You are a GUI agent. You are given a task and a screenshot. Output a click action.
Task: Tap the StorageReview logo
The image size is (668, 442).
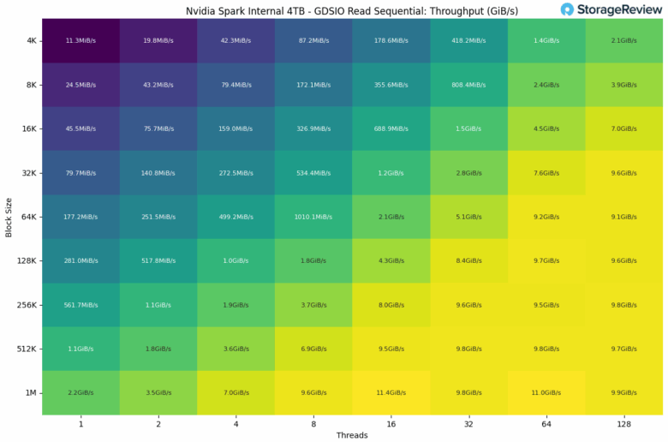coord(610,10)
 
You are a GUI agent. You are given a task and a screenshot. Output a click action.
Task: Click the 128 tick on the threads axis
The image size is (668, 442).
coord(624,423)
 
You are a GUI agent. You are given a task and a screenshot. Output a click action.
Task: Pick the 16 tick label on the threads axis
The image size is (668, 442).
coord(391,423)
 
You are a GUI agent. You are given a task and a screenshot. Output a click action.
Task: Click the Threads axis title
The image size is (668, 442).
coord(352,435)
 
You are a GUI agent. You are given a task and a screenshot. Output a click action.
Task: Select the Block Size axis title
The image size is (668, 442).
coord(9,216)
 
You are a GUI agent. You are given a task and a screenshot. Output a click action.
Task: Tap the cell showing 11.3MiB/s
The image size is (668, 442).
coord(81,41)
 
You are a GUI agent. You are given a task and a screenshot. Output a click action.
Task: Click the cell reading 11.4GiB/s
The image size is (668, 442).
coord(391,392)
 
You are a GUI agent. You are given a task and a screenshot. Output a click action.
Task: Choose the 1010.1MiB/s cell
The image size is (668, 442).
coord(313,217)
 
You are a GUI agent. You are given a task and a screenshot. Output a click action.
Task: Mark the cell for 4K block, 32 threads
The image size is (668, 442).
coord(468,41)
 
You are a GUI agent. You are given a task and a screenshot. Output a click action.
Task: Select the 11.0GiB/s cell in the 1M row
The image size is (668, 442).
coord(546,392)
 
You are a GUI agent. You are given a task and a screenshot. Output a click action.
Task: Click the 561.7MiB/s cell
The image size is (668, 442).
coord(81,304)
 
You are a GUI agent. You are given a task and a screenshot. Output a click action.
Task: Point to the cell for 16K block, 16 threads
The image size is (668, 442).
coord(391,128)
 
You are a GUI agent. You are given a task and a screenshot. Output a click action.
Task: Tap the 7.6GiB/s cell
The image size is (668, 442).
coord(546,173)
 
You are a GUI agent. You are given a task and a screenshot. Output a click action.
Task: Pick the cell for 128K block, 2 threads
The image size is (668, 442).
coord(158,260)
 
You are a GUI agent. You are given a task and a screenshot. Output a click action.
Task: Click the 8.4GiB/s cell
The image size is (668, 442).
coord(468,260)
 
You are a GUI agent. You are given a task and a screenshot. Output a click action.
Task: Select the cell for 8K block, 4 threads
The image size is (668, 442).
coord(236,85)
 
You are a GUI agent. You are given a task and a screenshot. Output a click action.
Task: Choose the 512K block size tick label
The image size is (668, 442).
coord(26,349)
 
